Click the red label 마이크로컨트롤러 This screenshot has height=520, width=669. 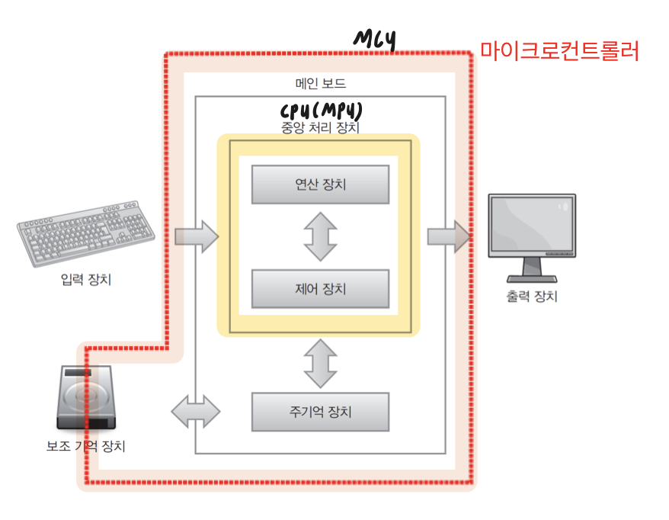point(559,51)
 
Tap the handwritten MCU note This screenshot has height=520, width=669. point(375,40)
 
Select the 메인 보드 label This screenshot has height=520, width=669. point(320,83)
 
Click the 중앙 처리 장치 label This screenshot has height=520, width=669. point(320,127)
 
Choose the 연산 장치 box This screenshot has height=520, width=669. point(320,184)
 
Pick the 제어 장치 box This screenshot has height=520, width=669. point(320,289)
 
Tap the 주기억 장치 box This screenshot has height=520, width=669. point(320,412)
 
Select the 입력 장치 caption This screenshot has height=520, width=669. point(86,280)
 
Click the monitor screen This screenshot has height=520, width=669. point(531,226)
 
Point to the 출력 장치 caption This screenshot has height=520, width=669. point(531,296)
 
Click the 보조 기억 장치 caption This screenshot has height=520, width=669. point(86,446)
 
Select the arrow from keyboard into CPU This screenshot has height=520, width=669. point(196,236)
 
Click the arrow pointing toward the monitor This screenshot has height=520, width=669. point(448,236)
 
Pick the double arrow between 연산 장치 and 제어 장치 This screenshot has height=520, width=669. point(320,236)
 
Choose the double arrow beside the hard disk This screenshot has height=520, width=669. point(195,412)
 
